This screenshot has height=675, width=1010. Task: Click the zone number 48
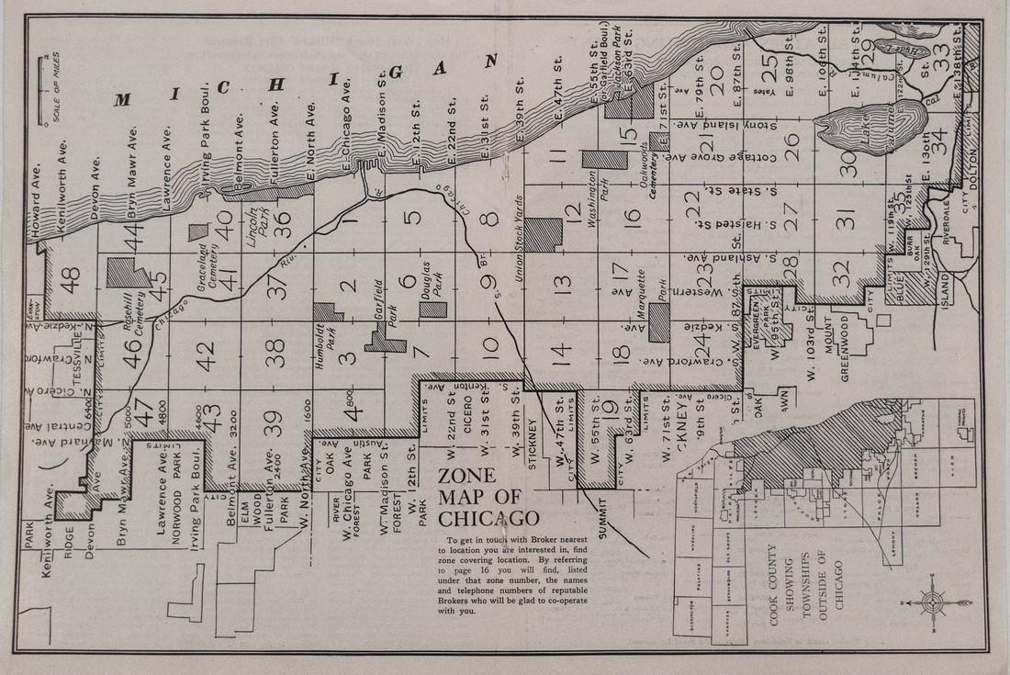[x=71, y=276]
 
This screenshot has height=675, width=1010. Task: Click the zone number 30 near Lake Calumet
[x=848, y=163]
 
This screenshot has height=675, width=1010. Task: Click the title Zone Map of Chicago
[x=487, y=496]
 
